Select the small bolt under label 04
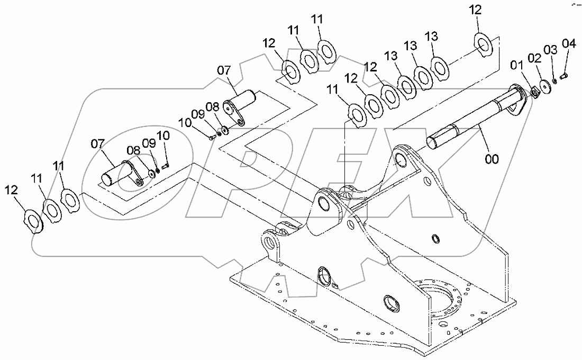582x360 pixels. point(563,76)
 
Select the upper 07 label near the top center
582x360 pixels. point(224,69)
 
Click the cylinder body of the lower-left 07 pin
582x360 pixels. point(114,175)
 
